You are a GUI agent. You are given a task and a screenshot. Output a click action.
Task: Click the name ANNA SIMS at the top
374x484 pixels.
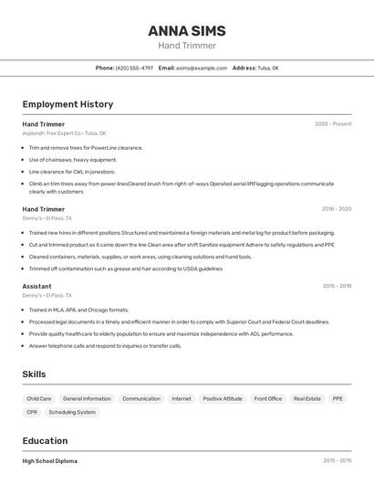pyautogui.click(x=186, y=31)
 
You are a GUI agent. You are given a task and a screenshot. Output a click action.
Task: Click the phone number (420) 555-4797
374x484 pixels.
pyautogui.click(x=134, y=68)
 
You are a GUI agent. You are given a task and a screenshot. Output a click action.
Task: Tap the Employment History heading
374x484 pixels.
pyautogui.click(x=68, y=105)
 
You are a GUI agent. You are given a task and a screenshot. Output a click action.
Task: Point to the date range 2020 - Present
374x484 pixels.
pyautogui.click(x=333, y=124)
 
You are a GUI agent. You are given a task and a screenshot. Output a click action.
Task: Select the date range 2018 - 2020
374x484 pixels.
pyautogui.click(x=336, y=209)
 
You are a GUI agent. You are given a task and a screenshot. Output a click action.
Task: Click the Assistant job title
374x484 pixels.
pyautogui.click(x=36, y=286)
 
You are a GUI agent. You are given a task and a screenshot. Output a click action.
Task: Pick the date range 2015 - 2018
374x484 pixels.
pyautogui.click(x=337, y=286)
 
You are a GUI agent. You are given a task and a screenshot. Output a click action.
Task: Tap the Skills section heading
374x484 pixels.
pyautogui.click(x=34, y=374)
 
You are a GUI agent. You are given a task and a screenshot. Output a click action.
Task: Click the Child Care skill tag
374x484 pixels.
pyautogui.click(x=39, y=399)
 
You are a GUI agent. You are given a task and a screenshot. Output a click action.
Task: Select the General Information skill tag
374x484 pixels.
pyautogui.click(x=87, y=399)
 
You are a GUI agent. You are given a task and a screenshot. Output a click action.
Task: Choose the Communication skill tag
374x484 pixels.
pyautogui.click(x=141, y=399)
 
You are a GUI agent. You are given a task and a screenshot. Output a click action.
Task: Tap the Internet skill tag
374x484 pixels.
pyautogui.click(x=182, y=399)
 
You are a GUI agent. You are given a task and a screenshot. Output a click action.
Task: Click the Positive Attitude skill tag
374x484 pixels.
pyautogui.click(x=223, y=399)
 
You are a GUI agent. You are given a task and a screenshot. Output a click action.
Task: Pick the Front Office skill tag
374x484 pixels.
pyautogui.click(x=268, y=399)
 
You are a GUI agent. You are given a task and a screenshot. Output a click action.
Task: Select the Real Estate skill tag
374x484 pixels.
pyautogui.click(x=307, y=399)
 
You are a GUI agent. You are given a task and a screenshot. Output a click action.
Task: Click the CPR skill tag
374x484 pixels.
pyautogui.click(x=32, y=413)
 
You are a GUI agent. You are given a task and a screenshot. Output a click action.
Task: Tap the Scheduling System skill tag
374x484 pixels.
pyautogui.click(x=72, y=413)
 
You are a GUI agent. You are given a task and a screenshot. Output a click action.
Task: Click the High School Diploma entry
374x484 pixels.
pyautogui.click(x=50, y=461)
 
